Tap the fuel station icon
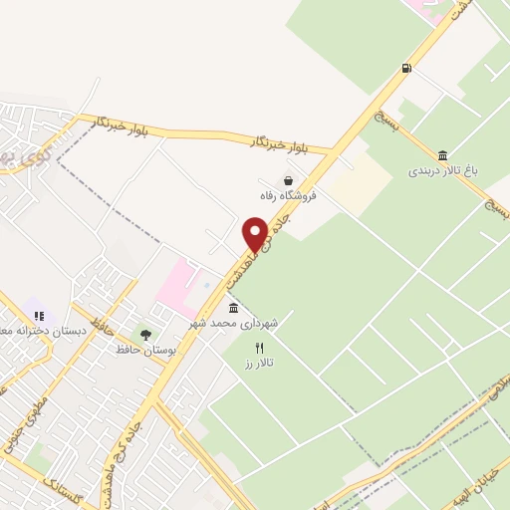tap(405, 68)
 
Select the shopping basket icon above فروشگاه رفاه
tap(289, 180)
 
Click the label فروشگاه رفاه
tap(289, 196)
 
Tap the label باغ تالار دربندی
tap(442, 170)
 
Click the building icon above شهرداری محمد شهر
tap(233, 307)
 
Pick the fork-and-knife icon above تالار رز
tap(260, 348)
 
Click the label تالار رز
tap(262, 364)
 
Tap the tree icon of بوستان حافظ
tap(146, 335)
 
